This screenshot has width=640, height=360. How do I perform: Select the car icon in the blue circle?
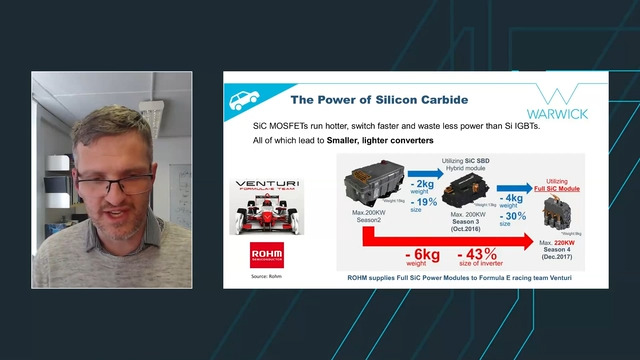(x=242, y=100)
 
